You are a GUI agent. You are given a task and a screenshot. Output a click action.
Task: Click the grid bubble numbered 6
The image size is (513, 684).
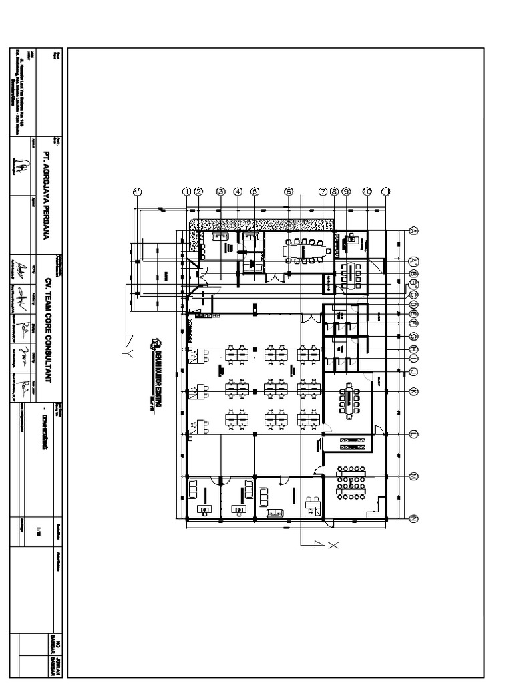point(289,191)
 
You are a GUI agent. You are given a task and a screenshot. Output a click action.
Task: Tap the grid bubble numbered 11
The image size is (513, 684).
point(385,191)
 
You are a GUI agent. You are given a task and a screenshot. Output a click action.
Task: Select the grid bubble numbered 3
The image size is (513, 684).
point(220,191)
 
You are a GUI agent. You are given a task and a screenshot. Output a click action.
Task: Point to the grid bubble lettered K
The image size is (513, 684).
point(413,391)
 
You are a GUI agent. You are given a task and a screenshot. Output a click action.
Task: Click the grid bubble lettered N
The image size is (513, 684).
point(413,518)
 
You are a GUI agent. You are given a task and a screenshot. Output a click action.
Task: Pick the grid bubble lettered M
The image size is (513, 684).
point(413,476)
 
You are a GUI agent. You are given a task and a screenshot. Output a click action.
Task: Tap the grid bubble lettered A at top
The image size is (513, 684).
point(413,231)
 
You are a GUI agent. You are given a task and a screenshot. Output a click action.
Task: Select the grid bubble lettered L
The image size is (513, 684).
point(413,434)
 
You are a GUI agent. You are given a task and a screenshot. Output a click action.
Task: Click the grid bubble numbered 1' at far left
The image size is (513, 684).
point(138,191)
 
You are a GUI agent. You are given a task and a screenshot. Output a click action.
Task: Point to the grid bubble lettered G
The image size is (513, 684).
point(413,337)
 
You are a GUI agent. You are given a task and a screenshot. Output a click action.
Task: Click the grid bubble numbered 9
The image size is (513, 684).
point(346,191)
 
